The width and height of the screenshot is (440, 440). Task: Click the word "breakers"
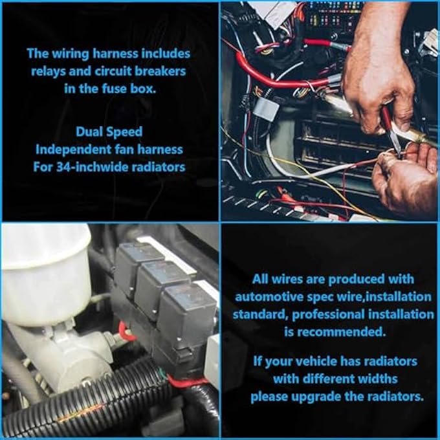pos(160,71)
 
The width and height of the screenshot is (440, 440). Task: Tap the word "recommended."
pos(334,332)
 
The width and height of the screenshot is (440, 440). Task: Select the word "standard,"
pos(260,314)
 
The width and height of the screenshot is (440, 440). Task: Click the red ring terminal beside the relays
pos(125,332)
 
